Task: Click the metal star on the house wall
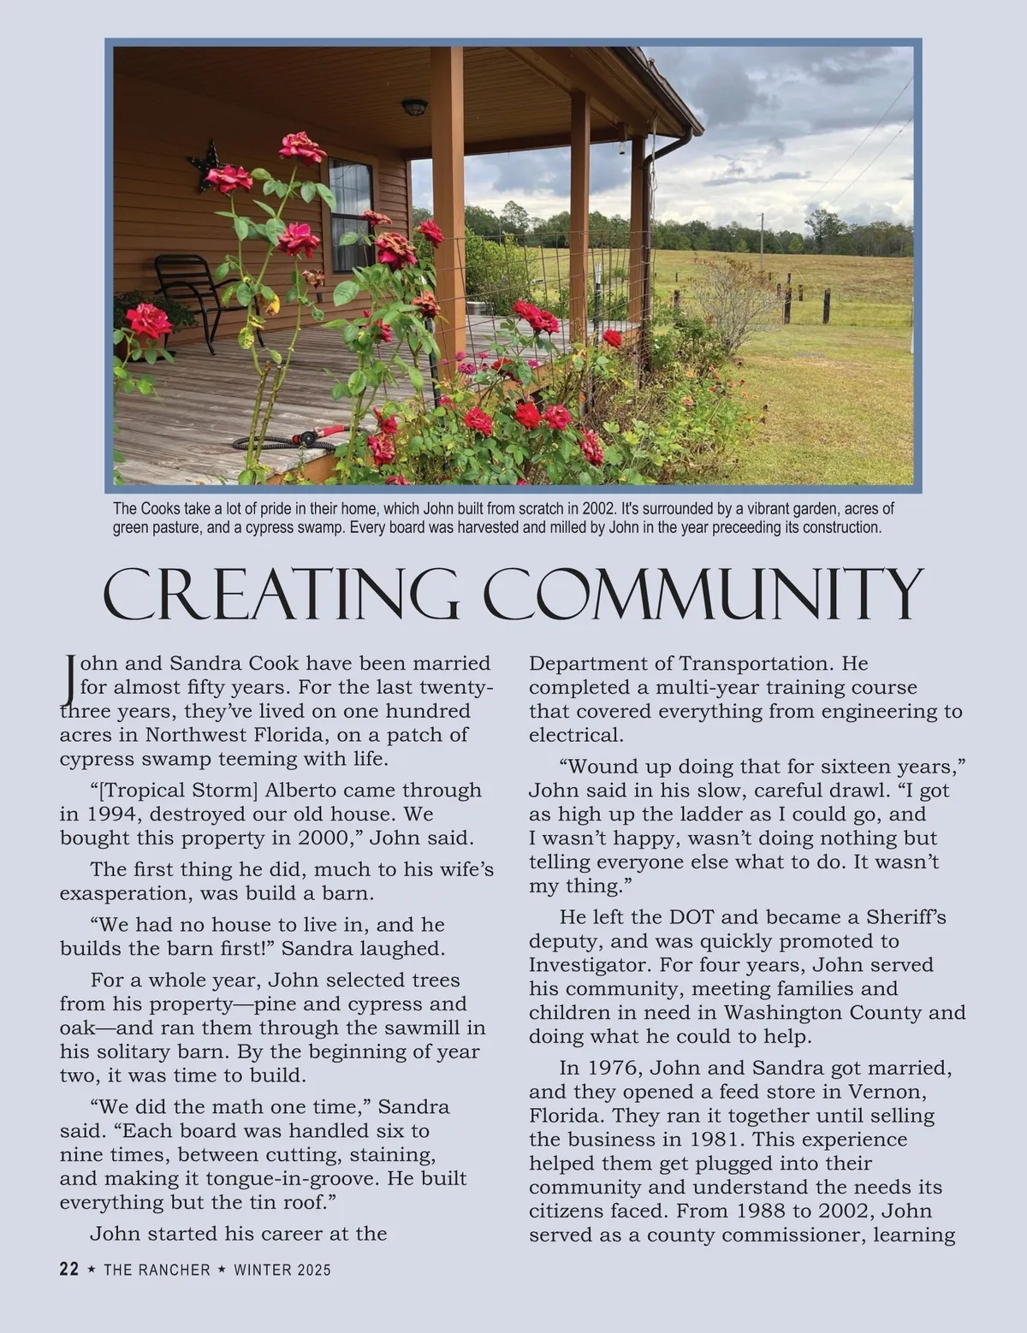pyautogui.click(x=205, y=165)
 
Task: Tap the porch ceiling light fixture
pyautogui.click(x=414, y=107)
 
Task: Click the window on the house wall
pyautogui.click(x=351, y=214)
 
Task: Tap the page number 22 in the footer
pyautogui.click(x=69, y=1269)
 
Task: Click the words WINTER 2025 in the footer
pyautogui.click(x=282, y=1270)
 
